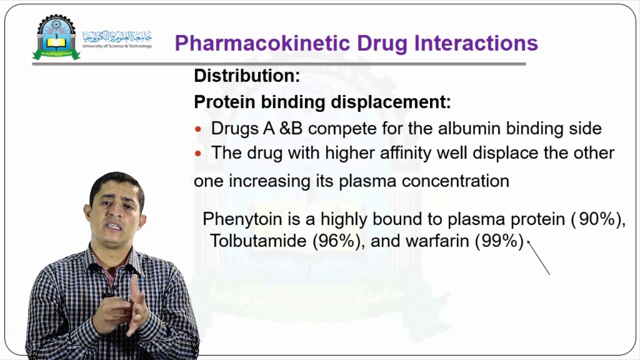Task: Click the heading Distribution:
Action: (246, 76)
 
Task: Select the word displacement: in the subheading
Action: (391, 102)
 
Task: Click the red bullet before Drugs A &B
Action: (198, 129)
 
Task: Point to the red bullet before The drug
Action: (198, 153)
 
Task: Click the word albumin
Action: (469, 128)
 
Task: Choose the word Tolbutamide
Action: (258, 241)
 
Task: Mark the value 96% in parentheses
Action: (336, 241)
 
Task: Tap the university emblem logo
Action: (56, 37)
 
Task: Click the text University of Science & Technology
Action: (117, 46)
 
